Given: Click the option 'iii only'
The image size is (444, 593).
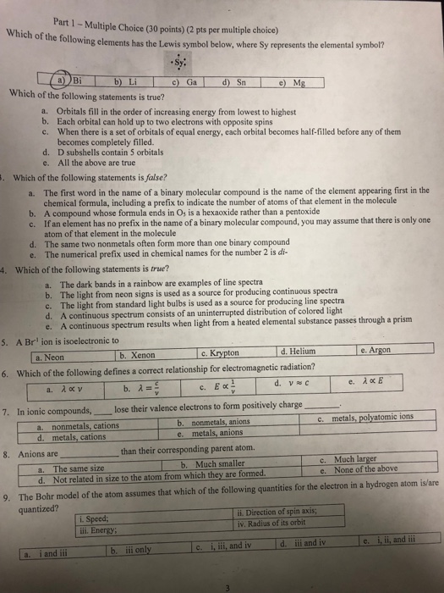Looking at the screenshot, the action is (x=140, y=551).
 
